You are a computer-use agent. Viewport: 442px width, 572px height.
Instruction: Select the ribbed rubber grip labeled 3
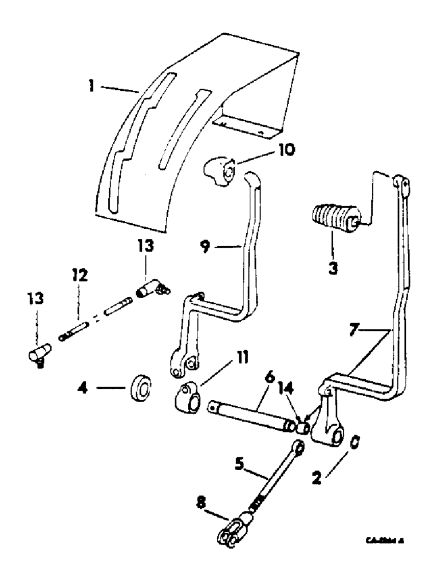point(334,220)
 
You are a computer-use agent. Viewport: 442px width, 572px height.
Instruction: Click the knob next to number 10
point(218,173)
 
